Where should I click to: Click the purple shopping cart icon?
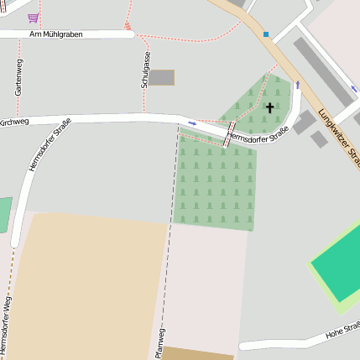coord(33,17)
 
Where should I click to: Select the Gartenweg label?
coord(18,76)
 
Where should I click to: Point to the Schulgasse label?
coord(146,70)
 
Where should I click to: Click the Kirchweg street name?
coord(14,122)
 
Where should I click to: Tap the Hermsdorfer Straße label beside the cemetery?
coord(258,133)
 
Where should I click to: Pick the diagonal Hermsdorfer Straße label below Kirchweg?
coord(50,145)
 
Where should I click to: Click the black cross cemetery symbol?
coord(269,107)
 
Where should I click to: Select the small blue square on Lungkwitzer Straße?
coord(266,34)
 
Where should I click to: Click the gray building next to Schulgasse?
coord(161,77)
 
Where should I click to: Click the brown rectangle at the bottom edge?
coord(197,353)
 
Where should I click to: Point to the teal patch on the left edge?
coord(5,214)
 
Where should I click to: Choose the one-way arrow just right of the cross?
coord(296,86)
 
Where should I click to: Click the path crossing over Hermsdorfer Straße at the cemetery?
coord(227,133)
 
